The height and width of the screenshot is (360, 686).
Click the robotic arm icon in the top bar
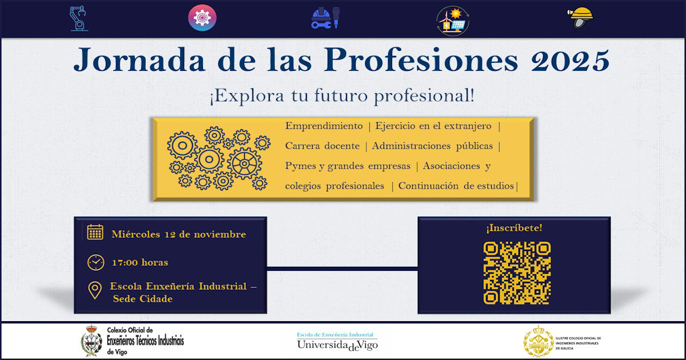78,18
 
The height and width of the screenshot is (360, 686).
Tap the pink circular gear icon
202,18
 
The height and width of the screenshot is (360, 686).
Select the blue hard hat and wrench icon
325,18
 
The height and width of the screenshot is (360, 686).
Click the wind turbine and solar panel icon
453,21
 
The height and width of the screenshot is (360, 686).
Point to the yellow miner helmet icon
581,17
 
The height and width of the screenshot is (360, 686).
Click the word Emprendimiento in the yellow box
324,126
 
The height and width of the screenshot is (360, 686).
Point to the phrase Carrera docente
322,146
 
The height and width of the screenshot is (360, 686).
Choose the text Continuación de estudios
456,186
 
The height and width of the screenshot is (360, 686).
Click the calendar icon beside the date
95,233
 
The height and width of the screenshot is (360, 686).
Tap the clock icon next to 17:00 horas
95,262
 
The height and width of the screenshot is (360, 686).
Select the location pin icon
95,290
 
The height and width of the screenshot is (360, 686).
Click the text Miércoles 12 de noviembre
179,234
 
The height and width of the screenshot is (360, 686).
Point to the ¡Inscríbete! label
514,228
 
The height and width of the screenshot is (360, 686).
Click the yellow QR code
517,273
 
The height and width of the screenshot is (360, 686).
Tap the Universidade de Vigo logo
337,341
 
